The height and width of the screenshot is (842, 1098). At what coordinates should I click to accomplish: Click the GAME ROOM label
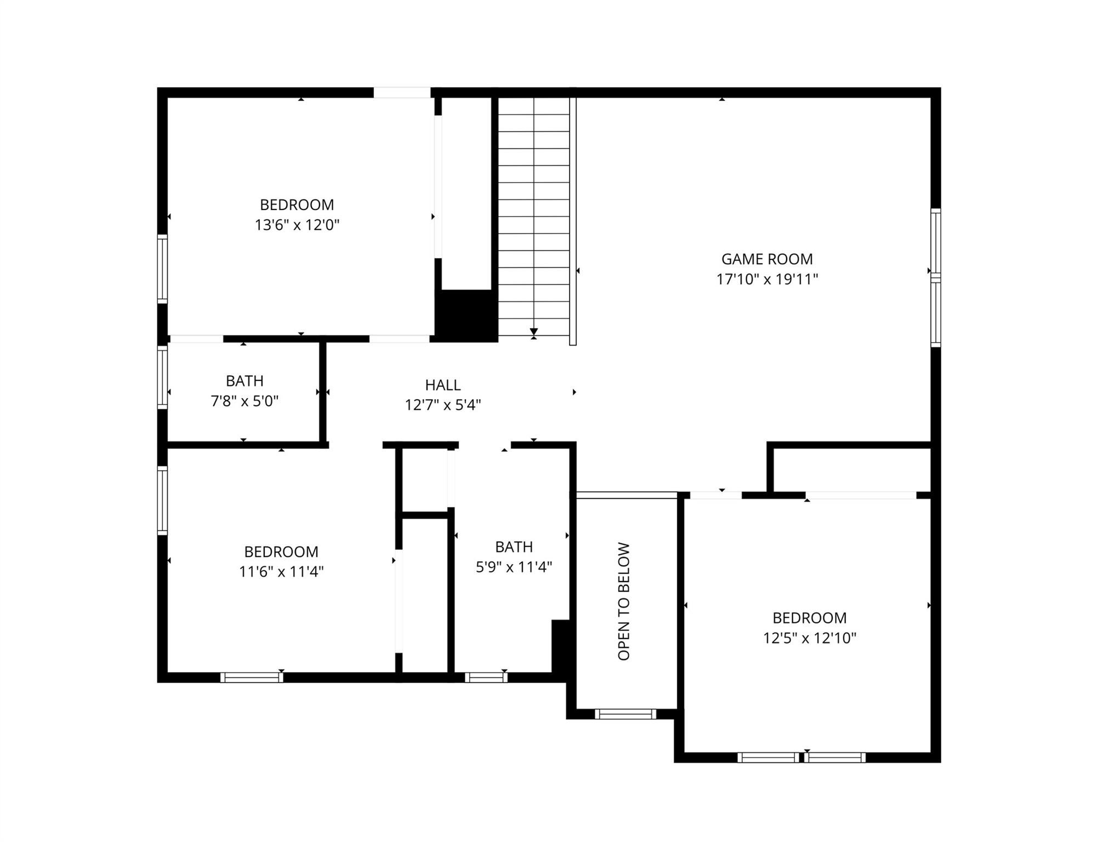[767, 259]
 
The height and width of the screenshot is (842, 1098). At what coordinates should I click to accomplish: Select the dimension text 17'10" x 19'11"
[767, 279]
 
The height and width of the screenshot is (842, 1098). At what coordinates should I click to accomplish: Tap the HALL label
[443, 385]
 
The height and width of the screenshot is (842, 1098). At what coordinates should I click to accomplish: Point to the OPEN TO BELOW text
[624, 601]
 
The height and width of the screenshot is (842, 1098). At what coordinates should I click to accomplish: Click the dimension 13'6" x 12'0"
[297, 225]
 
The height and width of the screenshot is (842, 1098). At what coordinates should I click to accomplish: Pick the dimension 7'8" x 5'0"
[244, 401]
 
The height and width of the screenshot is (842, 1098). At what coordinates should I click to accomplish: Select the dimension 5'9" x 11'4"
[514, 567]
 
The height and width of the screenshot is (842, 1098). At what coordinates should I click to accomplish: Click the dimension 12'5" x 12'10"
[810, 638]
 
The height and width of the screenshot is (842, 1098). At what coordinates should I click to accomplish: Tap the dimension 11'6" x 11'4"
[281, 572]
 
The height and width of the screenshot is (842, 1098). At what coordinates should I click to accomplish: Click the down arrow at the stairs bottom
[534, 332]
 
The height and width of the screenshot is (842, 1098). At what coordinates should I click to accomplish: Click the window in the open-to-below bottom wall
[625, 714]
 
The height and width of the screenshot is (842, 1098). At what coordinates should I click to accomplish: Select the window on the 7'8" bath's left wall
[162, 377]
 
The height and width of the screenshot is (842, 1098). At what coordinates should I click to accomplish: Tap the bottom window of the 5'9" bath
[486, 677]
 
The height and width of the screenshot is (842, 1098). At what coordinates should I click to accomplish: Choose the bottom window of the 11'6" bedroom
[252, 677]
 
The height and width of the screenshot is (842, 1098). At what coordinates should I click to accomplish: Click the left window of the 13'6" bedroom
[162, 269]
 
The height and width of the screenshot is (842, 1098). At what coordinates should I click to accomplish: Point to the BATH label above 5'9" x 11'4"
[514, 547]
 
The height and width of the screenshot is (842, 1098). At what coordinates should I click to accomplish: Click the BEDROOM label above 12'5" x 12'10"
[810, 618]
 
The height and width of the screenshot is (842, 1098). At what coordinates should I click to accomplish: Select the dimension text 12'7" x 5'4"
[443, 405]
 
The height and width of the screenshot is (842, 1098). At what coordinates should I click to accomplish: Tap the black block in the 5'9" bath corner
[561, 647]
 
